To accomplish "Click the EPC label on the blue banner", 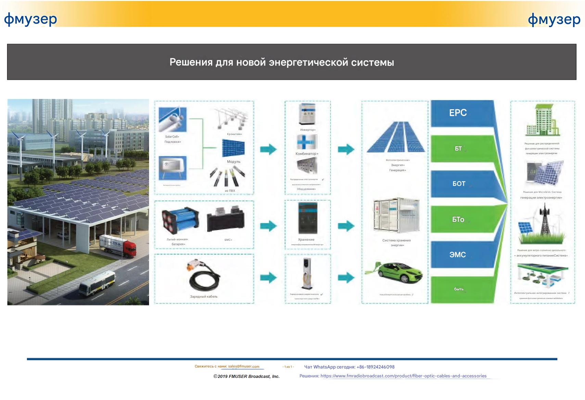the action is click(458, 113).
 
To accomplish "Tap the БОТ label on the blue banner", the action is click(459, 184).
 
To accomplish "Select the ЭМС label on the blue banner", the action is click(457, 255).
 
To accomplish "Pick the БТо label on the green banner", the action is click(458, 220).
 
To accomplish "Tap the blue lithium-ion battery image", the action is click(180, 221).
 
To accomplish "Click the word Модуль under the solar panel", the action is click(233, 162).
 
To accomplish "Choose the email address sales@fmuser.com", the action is click(244, 366).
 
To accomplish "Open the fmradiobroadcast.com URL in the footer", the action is click(403, 376).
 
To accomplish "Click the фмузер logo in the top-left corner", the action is click(30, 20).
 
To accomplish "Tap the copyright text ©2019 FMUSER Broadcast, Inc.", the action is click(246, 376).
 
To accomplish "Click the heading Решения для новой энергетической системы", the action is click(282, 62).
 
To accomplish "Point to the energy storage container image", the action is click(396, 215).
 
